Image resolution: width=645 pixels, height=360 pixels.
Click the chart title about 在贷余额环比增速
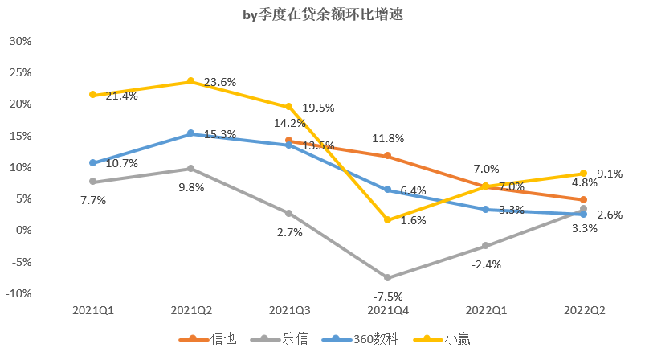coord(323,14)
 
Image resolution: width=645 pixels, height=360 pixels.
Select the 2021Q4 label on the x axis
coord(387,309)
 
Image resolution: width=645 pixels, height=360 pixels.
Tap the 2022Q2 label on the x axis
coord(584,309)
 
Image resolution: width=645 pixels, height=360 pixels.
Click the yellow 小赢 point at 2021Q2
coord(190,81)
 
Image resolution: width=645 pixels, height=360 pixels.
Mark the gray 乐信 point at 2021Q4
coord(387,278)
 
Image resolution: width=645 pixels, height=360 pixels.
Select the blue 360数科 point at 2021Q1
coord(92,162)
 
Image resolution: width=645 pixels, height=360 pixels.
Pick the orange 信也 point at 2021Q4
coord(387,156)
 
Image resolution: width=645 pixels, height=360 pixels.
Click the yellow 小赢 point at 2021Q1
coord(92,95)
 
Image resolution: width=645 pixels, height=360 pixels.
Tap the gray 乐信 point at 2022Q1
coord(485,246)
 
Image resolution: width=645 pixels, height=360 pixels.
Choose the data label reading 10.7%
coord(122,163)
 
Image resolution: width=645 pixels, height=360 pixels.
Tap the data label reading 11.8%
coord(387,138)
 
